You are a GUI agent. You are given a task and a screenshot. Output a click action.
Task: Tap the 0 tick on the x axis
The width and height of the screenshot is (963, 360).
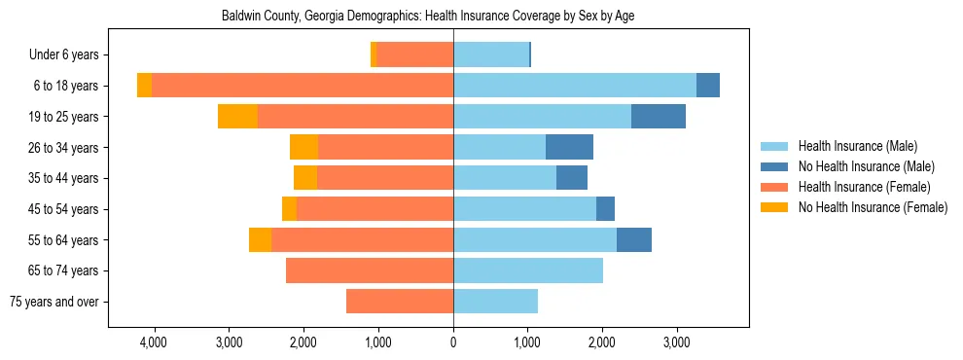pyautogui.click(x=453, y=342)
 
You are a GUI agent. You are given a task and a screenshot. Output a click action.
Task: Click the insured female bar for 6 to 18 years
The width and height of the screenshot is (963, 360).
pyautogui.click(x=302, y=86)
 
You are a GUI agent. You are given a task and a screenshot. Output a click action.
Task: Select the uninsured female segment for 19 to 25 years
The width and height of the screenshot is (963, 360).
pyautogui.click(x=237, y=117)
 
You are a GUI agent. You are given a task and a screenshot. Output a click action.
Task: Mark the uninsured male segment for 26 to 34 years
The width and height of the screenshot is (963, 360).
pyautogui.click(x=569, y=147)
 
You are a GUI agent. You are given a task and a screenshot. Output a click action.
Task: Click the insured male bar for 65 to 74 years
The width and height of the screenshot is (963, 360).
pyautogui.click(x=528, y=270)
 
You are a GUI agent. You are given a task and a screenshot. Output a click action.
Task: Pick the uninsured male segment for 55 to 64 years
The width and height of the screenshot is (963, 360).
pyautogui.click(x=634, y=239)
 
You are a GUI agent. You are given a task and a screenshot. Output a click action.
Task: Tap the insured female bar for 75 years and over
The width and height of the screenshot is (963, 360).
pyautogui.click(x=400, y=302)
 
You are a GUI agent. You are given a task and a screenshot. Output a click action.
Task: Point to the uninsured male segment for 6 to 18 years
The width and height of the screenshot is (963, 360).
pyautogui.click(x=708, y=86)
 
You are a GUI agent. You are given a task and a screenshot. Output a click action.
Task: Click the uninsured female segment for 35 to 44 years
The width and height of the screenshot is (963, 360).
pyautogui.click(x=305, y=178)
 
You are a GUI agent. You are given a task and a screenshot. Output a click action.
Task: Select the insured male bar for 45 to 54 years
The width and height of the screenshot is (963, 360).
pyautogui.click(x=524, y=209)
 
